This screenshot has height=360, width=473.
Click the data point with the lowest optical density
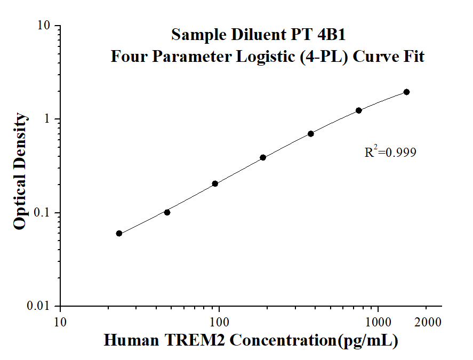[x=119, y=233]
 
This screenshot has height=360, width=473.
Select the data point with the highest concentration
[x=406, y=92]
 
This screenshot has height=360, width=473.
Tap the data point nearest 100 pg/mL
[x=215, y=183]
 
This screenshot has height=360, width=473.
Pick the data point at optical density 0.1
[x=167, y=212]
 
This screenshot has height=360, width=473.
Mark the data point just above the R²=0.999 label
[x=359, y=110]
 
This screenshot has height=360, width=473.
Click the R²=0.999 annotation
[x=390, y=153]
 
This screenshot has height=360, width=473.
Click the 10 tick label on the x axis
[x=60, y=322]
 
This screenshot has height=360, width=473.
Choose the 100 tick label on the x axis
[x=219, y=322]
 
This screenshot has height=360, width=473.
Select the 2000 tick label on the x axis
[x=427, y=322]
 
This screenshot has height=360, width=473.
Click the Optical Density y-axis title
[x=20, y=171]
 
